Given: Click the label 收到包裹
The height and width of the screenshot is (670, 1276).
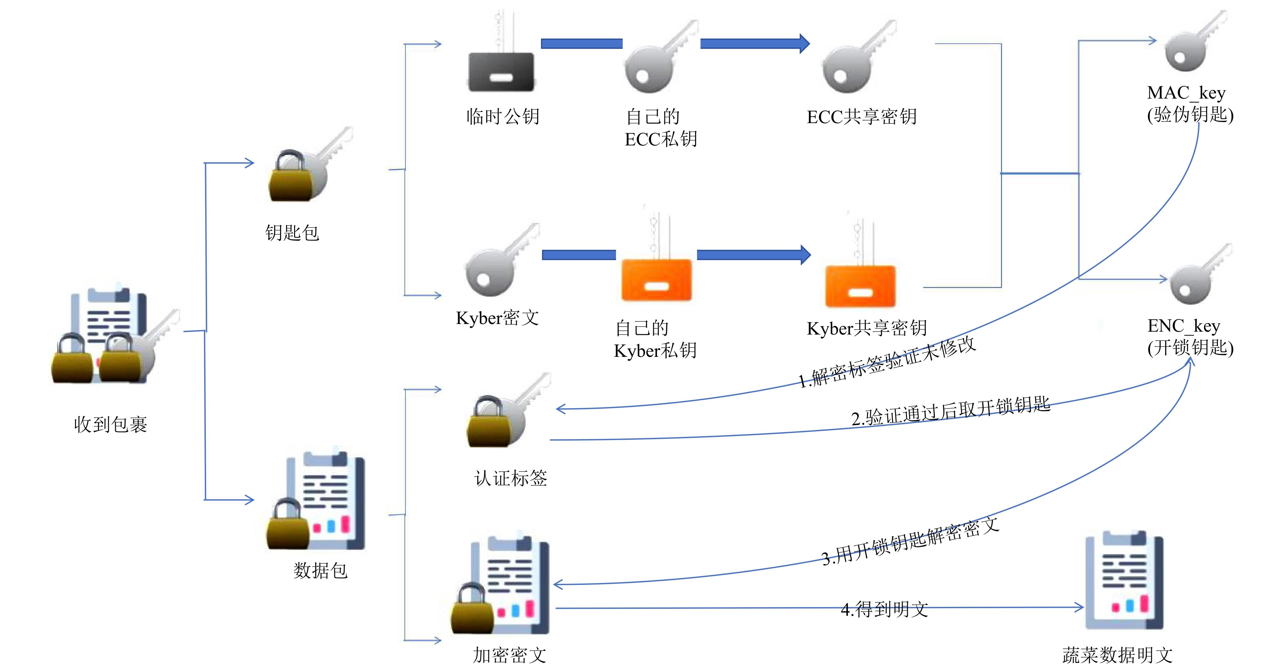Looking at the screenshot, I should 110,424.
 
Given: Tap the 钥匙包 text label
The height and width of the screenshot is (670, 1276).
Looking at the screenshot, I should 292,233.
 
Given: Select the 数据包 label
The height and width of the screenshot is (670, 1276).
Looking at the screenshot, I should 320,571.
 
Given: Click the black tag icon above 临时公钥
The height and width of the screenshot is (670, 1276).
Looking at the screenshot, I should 501,72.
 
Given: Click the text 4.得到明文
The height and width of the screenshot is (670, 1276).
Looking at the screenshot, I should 884,609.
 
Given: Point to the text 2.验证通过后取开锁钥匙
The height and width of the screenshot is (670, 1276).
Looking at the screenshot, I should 950,411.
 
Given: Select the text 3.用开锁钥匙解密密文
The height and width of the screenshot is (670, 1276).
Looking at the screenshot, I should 910,541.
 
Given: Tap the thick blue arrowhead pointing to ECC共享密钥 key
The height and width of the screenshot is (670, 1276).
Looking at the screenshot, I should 804,44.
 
